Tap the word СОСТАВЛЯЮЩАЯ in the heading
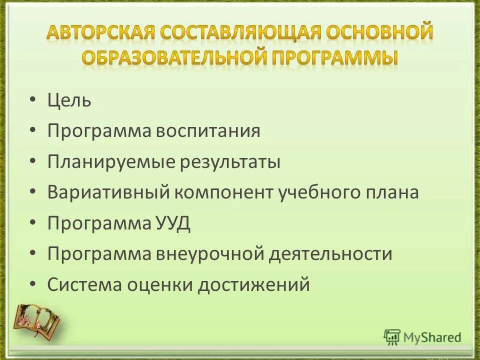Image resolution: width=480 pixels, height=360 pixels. tap(242, 33)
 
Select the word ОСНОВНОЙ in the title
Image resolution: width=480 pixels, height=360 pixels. tap(380, 33)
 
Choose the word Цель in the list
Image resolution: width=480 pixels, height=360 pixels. tap(69, 101)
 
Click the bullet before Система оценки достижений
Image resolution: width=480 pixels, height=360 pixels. tap(32, 285)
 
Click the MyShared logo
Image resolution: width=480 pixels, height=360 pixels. tap(422, 337)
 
